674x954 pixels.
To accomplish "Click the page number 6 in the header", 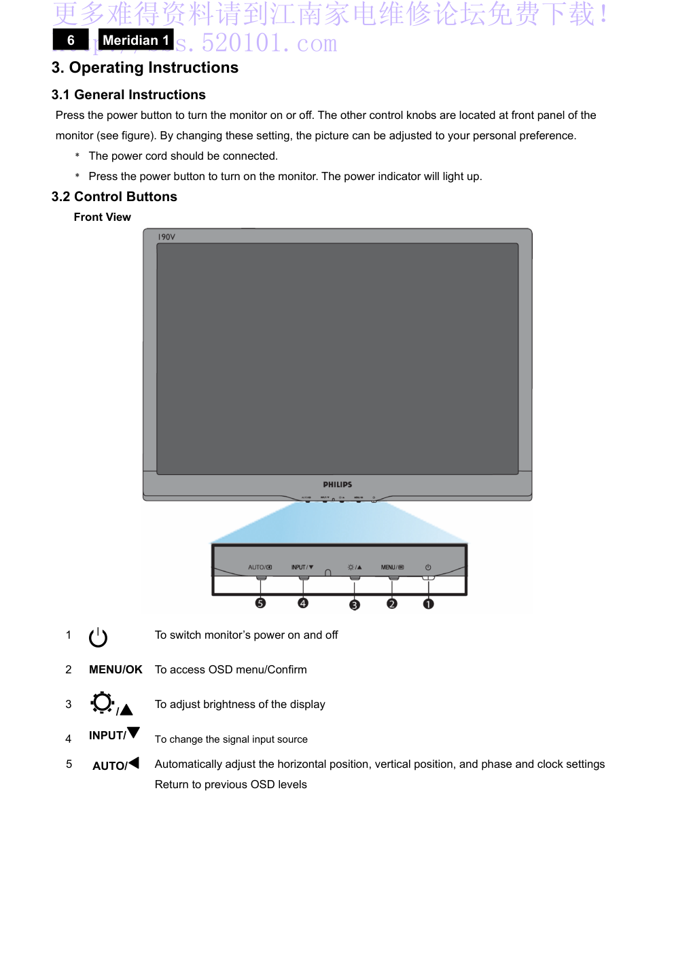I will click(x=71, y=40).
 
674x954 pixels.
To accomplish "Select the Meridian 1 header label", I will click(x=136, y=40).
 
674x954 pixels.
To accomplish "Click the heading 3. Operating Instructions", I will click(x=145, y=68).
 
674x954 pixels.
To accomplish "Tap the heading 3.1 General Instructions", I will click(x=128, y=95).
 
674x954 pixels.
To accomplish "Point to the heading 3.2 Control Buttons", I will click(x=114, y=197).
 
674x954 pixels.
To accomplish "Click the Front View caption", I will click(x=102, y=217).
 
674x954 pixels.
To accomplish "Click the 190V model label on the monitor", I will click(x=166, y=237).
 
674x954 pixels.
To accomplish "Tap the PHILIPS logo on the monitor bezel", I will click(x=337, y=484).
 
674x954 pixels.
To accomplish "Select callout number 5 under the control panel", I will click(x=260, y=603).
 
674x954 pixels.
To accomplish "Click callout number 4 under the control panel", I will click(x=303, y=603).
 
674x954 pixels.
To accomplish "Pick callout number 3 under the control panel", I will click(x=354, y=605).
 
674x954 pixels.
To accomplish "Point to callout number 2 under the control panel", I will click(x=392, y=603).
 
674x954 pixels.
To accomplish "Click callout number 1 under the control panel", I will click(x=428, y=603).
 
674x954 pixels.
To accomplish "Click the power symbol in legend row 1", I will click(x=99, y=637).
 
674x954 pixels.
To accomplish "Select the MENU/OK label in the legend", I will click(x=116, y=670).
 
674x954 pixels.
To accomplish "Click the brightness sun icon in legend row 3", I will click(x=103, y=703).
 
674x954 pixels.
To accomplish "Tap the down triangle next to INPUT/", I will click(x=134, y=732).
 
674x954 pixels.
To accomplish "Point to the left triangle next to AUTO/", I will click(x=134, y=763).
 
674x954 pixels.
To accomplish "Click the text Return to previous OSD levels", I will click(x=230, y=785).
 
